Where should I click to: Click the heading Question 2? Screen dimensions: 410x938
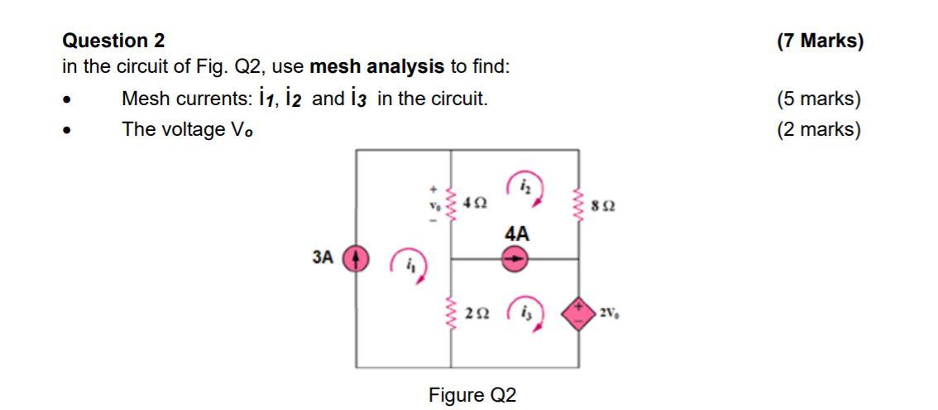[x=114, y=41]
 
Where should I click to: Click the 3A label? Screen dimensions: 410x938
[x=323, y=258]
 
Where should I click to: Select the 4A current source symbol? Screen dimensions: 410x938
[x=514, y=258]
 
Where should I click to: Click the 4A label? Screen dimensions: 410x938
[x=515, y=234]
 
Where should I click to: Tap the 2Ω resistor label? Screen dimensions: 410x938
[x=476, y=313]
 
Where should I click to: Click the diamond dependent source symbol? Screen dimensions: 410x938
[x=577, y=313]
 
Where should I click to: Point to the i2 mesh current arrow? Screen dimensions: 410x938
[x=526, y=189]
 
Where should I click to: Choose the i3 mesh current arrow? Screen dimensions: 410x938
[x=526, y=312]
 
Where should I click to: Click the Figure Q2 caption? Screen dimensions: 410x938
[x=472, y=395]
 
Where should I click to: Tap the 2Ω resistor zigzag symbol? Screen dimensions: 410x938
[x=451, y=313]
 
